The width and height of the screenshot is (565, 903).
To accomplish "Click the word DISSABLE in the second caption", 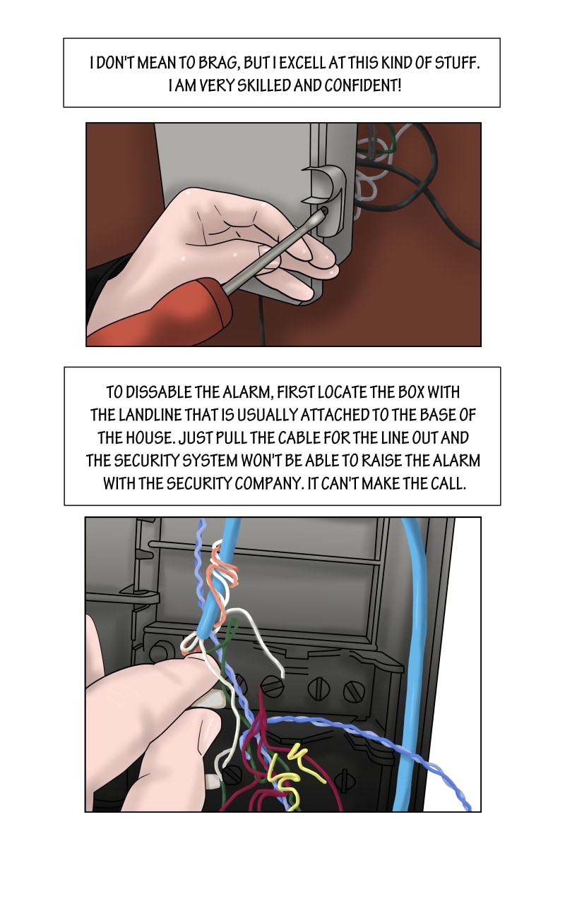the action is pyautogui.click(x=159, y=392).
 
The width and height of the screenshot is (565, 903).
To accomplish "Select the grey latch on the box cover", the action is pyautogui.click(x=326, y=200).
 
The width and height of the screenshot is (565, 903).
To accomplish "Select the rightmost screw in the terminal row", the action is pyautogui.click(x=354, y=691).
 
